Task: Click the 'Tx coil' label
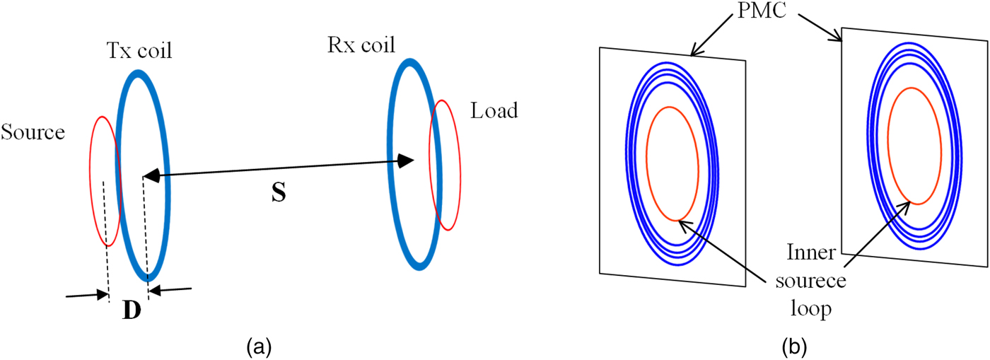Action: click(139, 51)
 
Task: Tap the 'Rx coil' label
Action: click(361, 45)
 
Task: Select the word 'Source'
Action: click(33, 132)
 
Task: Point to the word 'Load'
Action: click(494, 110)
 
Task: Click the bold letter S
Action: click(279, 192)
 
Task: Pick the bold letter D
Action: click(132, 310)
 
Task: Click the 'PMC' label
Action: click(762, 10)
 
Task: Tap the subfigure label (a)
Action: click(259, 347)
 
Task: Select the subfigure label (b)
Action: click(794, 347)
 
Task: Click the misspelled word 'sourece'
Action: click(810, 281)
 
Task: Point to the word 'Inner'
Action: click(811, 252)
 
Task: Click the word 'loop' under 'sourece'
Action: click(811, 308)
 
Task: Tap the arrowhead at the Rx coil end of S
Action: click(405, 161)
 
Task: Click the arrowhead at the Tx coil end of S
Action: click(151, 175)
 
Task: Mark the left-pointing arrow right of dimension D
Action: click(170, 290)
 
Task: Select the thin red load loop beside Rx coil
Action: click(460, 168)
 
